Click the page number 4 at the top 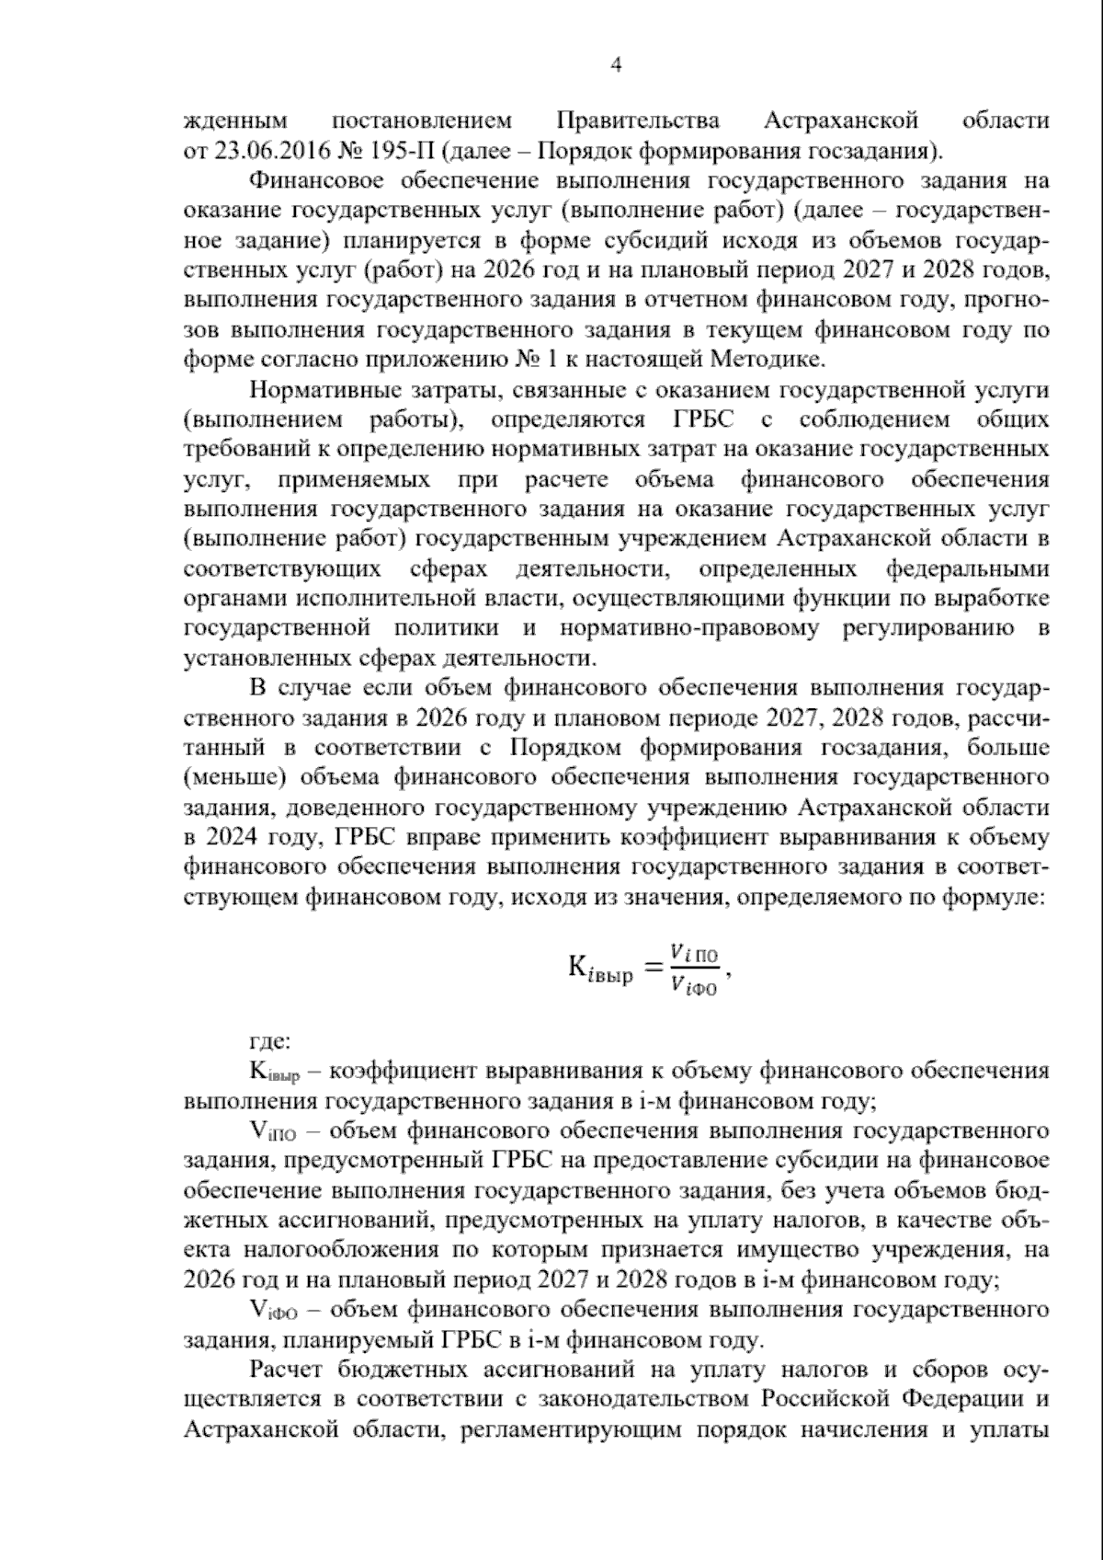(x=617, y=63)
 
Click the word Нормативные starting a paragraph (x=317, y=390)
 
